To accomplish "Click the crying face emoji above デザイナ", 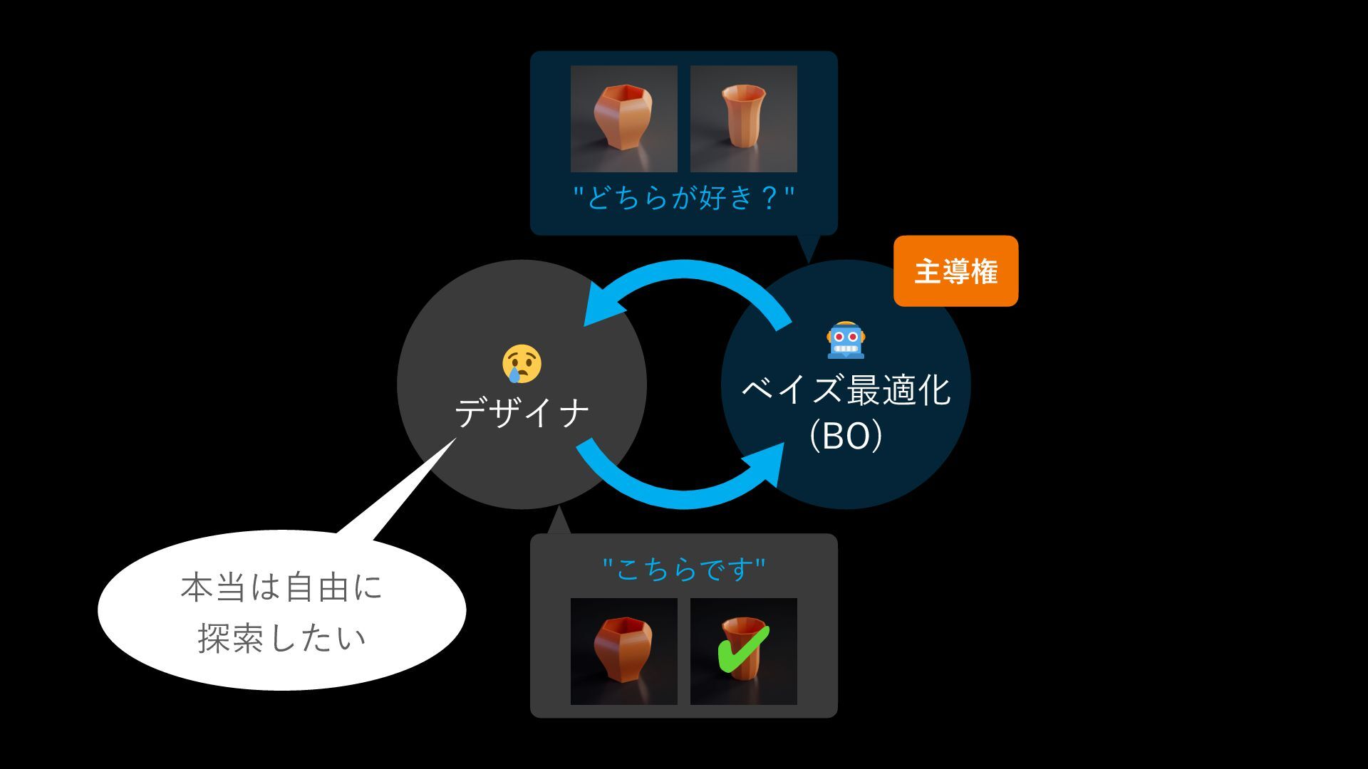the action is click(x=522, y=365).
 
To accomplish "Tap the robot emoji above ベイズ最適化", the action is click(x=846, y=340).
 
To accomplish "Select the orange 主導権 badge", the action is click(x=955, y=271).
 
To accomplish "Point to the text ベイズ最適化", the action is click(x=846, y=390).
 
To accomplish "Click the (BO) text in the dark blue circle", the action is click(x=846, y=436).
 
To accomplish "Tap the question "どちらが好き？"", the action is click(x=683, y=197).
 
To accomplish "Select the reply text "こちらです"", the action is click(x=683, y=570).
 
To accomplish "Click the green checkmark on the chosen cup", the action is click(x=742, y=649).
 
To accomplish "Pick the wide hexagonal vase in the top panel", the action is click(x=623, y=118).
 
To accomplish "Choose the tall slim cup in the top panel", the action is click(x=743, y=118).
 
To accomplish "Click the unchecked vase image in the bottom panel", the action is click(x=623, y=651).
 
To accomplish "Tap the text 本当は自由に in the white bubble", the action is click(x=281, y=588).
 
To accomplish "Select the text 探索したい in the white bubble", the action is click(x=281, y=638).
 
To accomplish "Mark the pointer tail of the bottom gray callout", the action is click(x=559, y=522).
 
